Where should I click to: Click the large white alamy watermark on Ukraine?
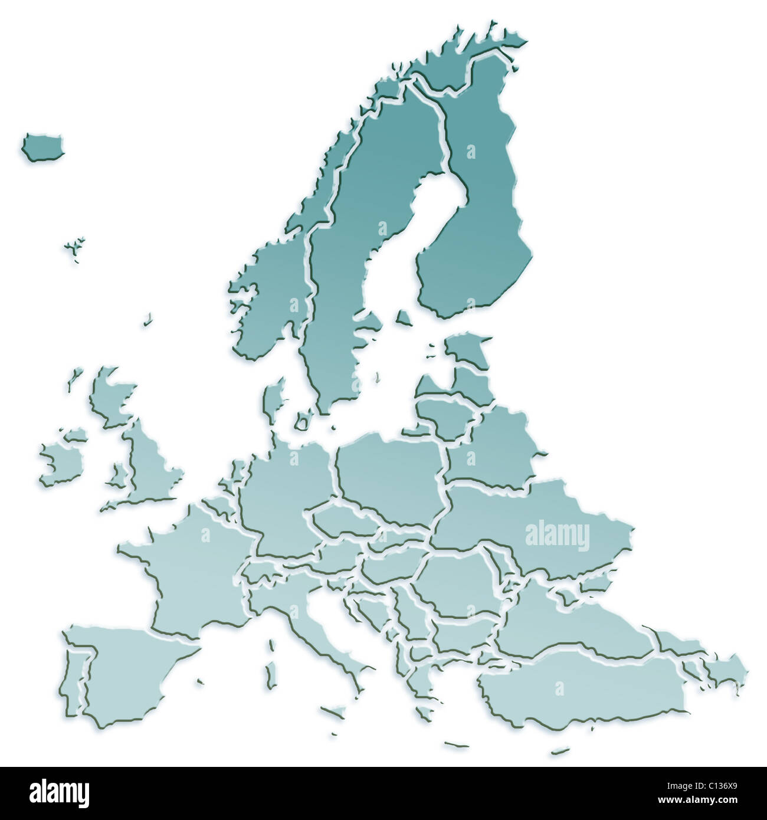point(557,536)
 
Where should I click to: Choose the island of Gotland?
point(404,319)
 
